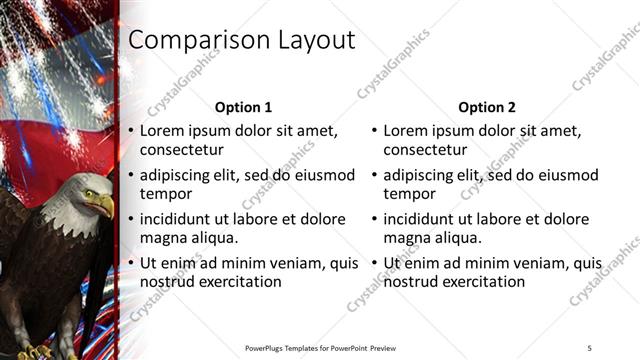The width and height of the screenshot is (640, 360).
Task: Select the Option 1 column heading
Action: (x=243, y=107)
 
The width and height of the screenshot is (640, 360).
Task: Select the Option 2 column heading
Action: (x=486, y=107)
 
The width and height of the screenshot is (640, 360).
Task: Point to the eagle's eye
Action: (x=89, y=191)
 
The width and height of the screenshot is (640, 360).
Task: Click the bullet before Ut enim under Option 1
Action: (x=129, y=264)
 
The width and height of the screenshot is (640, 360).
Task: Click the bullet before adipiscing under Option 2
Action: (x=373, y=176)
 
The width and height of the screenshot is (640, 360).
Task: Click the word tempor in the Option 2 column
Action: (x=409, y=194)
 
